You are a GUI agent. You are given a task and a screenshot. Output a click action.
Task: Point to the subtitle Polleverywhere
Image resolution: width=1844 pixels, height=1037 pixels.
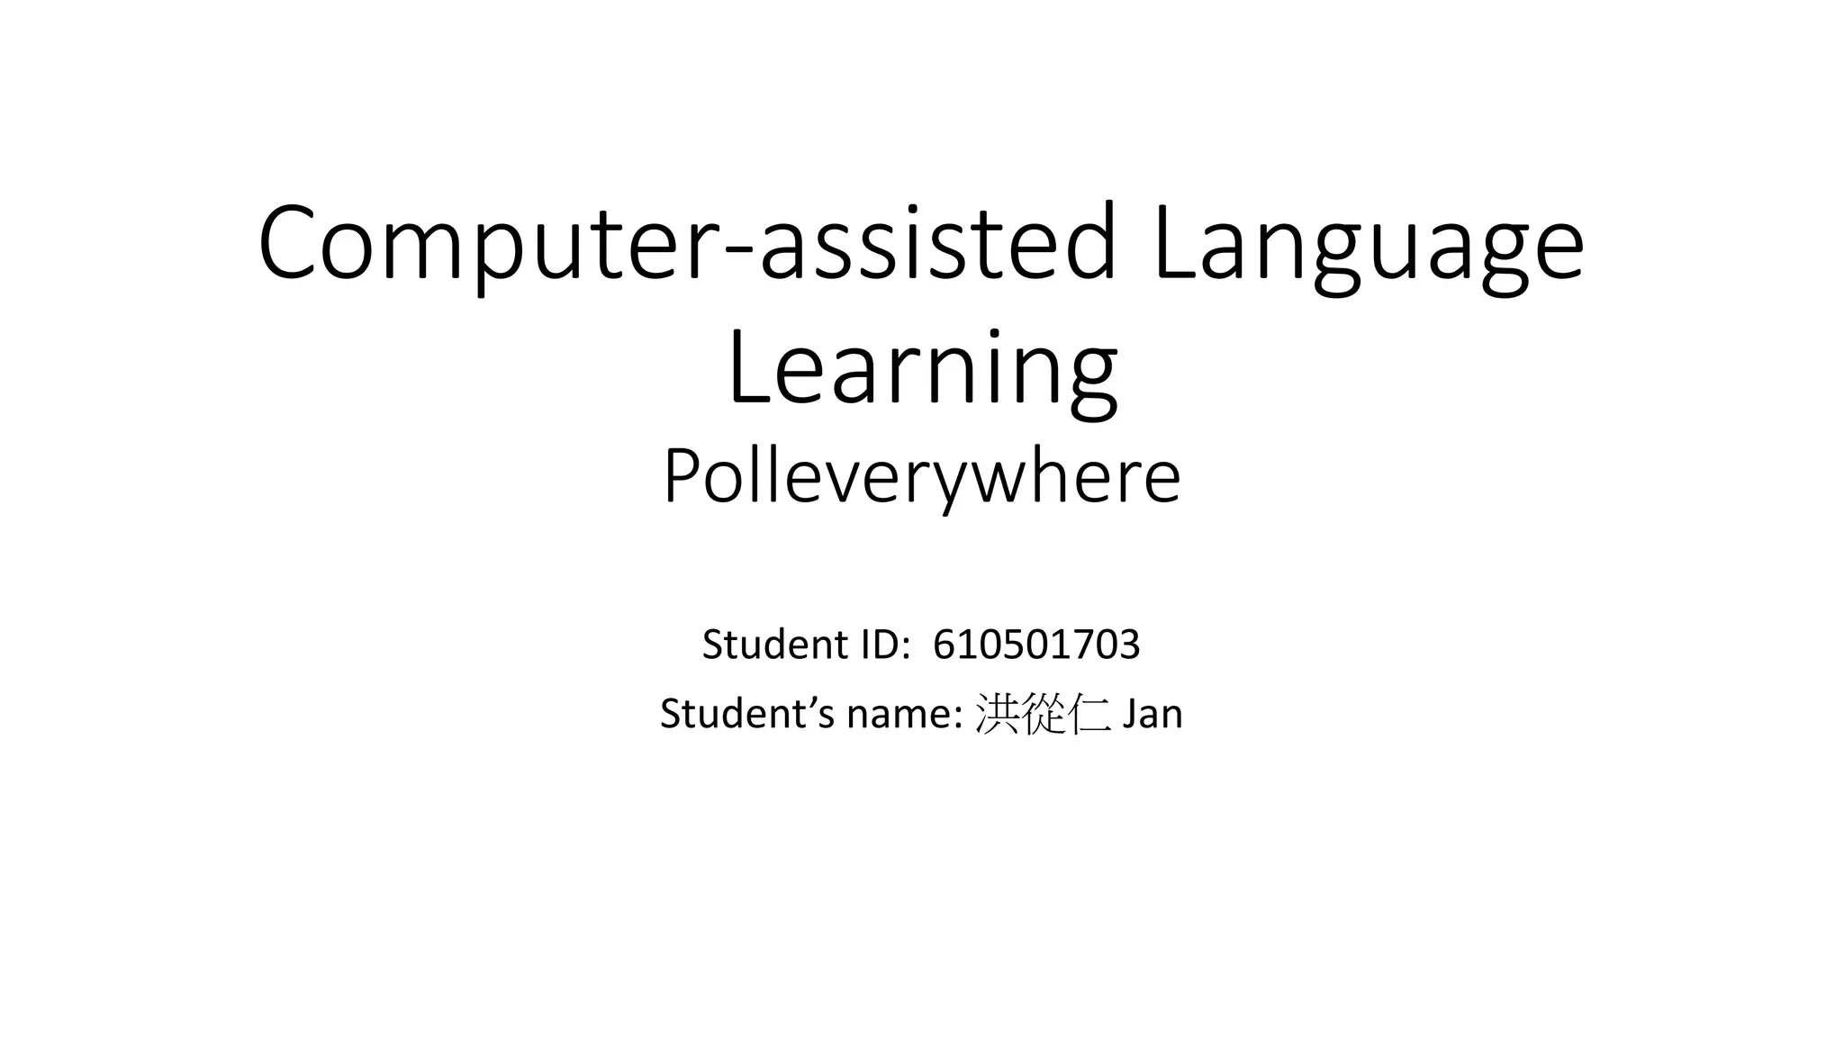click(x=922, y=478)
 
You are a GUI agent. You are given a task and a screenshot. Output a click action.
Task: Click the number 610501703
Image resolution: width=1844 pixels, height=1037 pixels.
click(x=1036, y=645)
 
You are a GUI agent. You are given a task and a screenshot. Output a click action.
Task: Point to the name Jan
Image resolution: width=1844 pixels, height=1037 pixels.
click(x=1152, y=714)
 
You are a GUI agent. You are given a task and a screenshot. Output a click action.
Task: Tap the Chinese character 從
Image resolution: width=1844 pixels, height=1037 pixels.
click(x=1044, y=715)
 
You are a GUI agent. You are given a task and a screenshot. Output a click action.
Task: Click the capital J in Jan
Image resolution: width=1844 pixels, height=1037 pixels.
click(x=1125, y=714)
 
